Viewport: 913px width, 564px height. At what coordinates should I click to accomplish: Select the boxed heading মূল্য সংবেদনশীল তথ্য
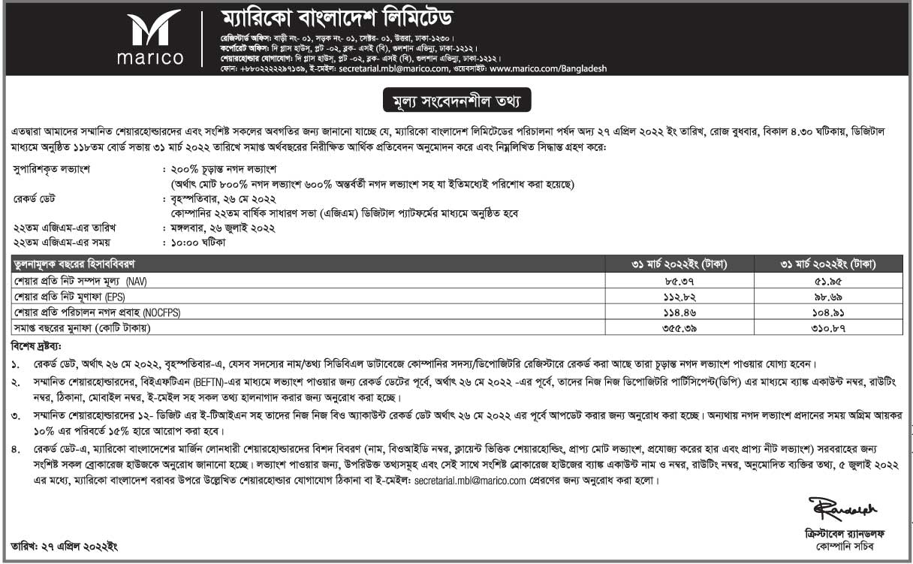click(x=456, y=99)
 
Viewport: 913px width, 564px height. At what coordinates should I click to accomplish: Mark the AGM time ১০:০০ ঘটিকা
click(x=198, y=242)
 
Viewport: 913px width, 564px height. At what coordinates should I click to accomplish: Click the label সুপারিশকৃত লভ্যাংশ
click(x=52, y=169)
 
